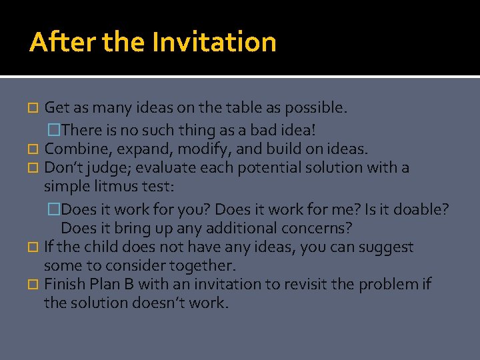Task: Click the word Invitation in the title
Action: (214, 43)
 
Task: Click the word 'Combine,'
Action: (72, 149)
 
